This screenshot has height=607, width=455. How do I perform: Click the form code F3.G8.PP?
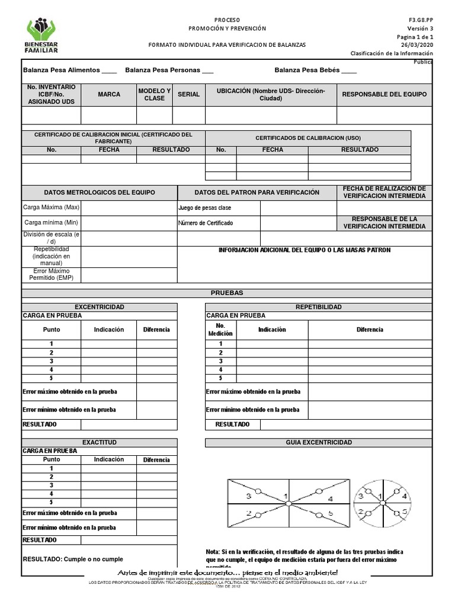(421, 20)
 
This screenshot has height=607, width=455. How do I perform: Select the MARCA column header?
(109, 94)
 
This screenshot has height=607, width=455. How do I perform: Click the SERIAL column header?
(188, 94)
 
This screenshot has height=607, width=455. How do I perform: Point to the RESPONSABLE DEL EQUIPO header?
(384, 94)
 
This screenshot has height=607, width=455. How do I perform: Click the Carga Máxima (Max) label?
(52, 208)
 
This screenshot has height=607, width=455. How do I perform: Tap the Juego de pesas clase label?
(204, 208)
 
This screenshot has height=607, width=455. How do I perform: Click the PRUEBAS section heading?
(227, 293)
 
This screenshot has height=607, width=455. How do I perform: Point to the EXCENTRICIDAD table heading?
(100, 307)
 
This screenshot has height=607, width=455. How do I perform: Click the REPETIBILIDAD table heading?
(319, 307)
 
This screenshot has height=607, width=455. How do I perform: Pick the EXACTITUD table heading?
(100, 443)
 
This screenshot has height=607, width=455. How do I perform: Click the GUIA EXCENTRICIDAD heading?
(319, 443)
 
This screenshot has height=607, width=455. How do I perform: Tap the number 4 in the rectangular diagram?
(330, 499)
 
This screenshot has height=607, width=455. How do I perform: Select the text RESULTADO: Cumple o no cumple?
(73, 559)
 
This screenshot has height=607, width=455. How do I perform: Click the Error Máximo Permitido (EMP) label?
(52, 274)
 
